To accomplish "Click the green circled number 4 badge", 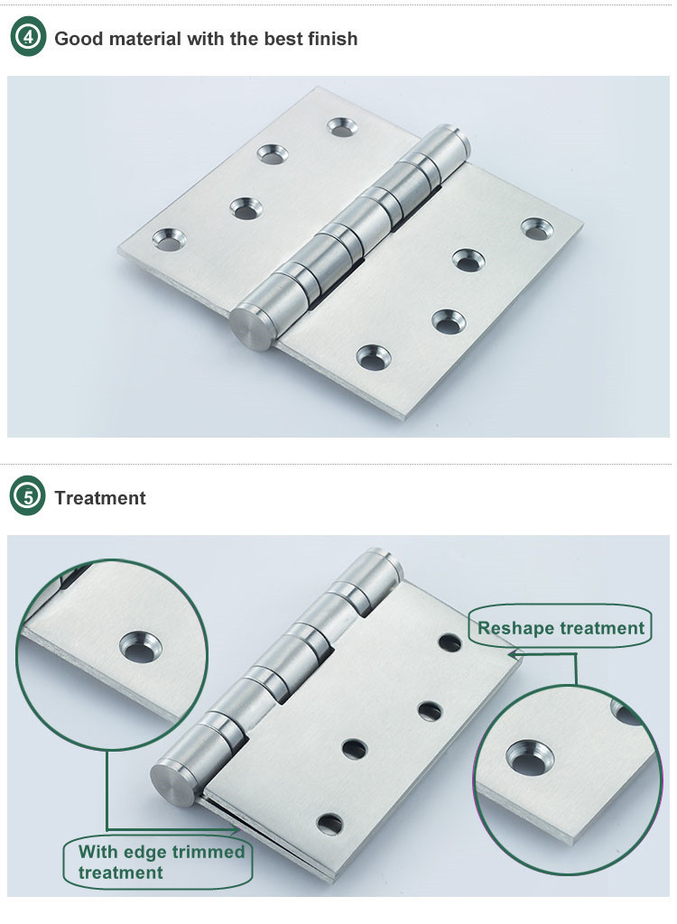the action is tap(28, 37).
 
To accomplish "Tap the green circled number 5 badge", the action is tap(28, 496).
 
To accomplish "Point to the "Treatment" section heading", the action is tap(100, 498).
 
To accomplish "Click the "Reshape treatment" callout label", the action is tap(561, 628).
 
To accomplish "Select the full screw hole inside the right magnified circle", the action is tap(530, 757).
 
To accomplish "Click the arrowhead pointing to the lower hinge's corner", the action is tap(513, 653).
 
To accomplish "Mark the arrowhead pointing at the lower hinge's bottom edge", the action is tap(234, 830).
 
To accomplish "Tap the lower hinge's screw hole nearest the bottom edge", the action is tap(329, 824).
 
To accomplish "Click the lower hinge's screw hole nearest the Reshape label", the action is tap(450, 642).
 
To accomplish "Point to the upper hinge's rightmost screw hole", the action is tap(537, 228).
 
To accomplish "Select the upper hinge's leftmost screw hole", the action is tap(170, 239).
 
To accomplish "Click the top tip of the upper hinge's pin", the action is tap(453, 128).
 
